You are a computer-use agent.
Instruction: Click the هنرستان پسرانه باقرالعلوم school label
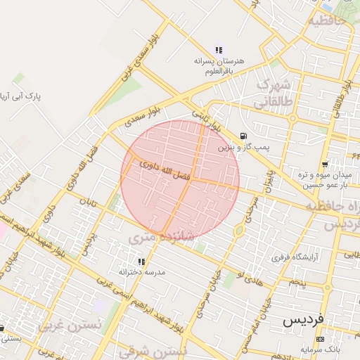click(x=219, y=66)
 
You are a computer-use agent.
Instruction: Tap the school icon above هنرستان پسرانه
click(x=219, y=50)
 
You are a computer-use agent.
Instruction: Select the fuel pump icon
click(x=243, y=136)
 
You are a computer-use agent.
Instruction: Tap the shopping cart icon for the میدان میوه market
click(x=324, y=163)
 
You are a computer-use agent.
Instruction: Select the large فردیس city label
click(x=304, y=320)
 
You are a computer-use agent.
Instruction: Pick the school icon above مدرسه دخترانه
click(x=141, y=261)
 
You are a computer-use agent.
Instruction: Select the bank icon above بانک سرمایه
click(x=321, y=339)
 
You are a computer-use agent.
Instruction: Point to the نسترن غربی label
click(x=70, y=326)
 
